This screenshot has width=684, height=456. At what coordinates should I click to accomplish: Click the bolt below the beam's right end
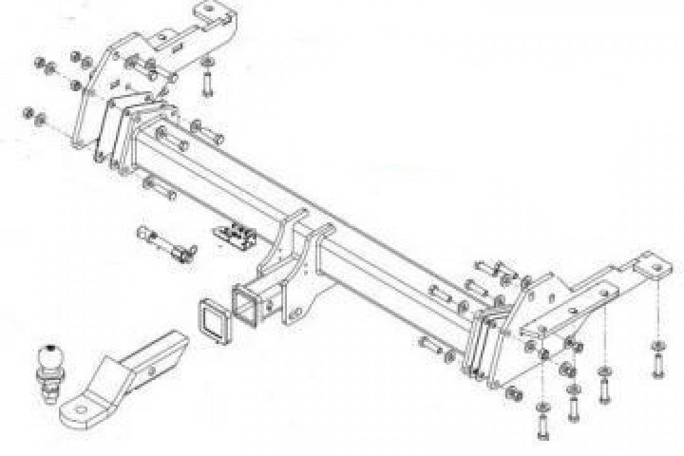point(437,348)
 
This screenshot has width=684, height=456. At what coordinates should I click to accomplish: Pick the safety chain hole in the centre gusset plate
point(294,314)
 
